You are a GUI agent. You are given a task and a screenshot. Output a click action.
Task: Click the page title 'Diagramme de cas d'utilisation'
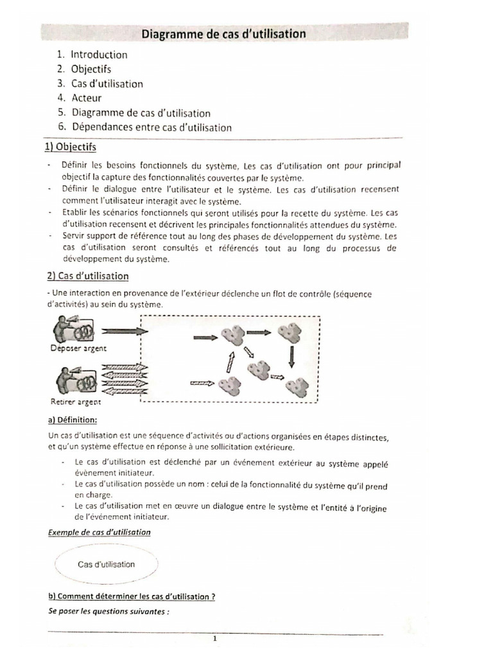coord(223,34)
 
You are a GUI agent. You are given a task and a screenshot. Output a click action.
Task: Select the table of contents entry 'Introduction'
coord(99,55)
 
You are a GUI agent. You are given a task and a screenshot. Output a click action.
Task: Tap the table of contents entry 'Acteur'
coord(87,98)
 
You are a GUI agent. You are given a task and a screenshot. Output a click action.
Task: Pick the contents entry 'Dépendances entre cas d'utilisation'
coord(151,127)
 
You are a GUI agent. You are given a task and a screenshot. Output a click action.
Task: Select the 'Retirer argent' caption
coord(75,402)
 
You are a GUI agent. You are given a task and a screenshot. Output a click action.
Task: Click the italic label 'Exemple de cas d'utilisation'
coord(99,532)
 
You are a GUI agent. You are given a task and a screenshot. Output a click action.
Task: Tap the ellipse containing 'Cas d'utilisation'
coord(107,564)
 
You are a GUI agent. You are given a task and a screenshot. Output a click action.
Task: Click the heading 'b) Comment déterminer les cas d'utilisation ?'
coord(132,596)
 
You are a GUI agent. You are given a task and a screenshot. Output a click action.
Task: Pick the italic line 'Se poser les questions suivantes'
coord(108,612)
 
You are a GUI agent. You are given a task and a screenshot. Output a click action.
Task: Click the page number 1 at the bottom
coord(216,639)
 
